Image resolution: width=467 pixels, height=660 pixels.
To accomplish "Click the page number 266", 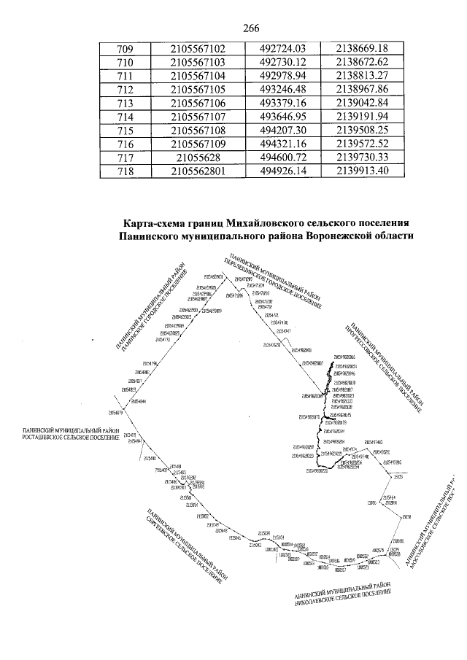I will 250,28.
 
